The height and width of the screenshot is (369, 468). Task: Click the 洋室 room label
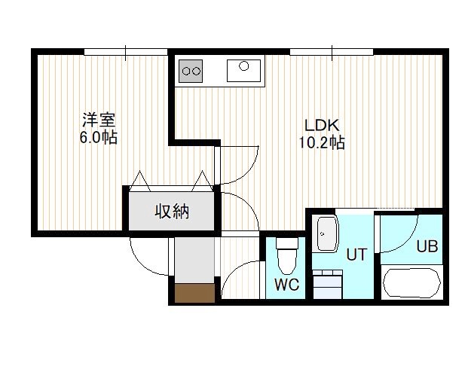tap(99, 120)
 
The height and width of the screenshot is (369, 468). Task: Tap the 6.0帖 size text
tap(98, 138)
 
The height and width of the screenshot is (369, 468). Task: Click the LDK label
tap(322, 125)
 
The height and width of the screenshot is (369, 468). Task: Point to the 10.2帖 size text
tap(322, 142)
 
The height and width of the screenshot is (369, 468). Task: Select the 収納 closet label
tap(172, 212)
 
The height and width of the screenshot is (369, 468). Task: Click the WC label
tap(286, 285)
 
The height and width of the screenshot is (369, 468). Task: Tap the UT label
tap(356, 255)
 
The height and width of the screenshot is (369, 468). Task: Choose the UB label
tap(427, 246)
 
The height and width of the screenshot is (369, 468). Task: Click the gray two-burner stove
tap(191, 71)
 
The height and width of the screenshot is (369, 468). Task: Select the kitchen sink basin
tap(243, 71)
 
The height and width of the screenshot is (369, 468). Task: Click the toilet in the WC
tap(287, 256)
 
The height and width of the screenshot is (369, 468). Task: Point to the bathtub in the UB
tap(412, 282)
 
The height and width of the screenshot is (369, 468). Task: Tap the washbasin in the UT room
tap(327, 233)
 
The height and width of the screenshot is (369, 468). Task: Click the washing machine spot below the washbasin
tap(328, 284)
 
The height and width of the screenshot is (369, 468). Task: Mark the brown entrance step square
tap(194, 293)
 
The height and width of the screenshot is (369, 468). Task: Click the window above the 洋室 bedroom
tap(126, 52)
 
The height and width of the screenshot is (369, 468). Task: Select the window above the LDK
tap(332, 52)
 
